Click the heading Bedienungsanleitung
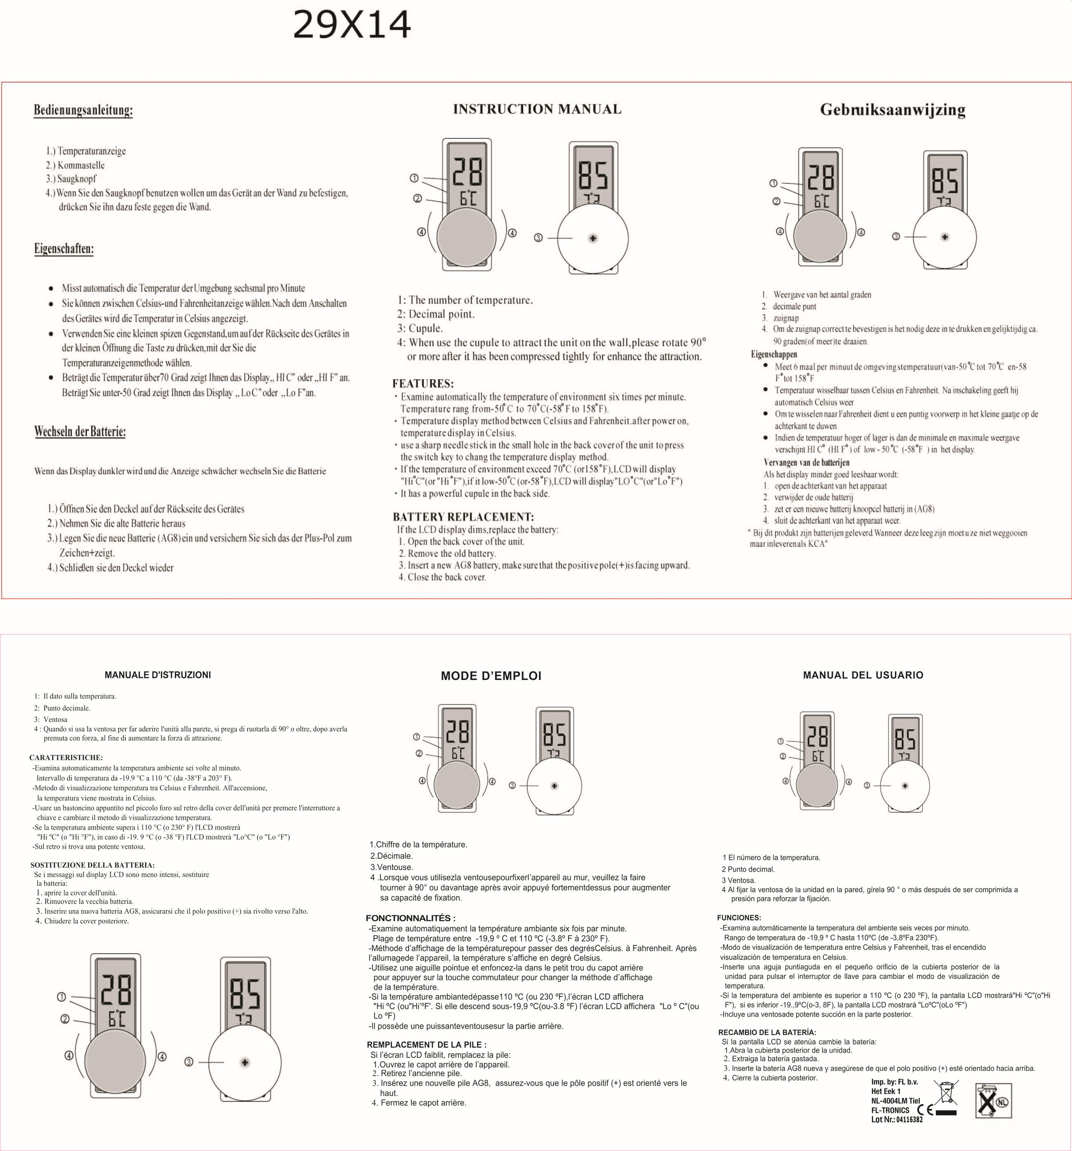coord(83,110)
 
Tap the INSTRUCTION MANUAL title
coord(537,109)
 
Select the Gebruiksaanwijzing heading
coord(893,110)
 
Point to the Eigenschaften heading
coord(64,249)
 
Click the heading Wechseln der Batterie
coord(80,431)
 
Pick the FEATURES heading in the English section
coord(423,383)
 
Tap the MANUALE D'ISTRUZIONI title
coord(158,675)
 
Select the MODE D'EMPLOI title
coord(491,676)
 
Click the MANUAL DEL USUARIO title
coord(863,675)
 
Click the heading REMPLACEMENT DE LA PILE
coord(427,1044)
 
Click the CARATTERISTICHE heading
coord(66,757)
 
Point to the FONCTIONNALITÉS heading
coord(411,918)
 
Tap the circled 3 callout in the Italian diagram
coord(189,1062)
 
